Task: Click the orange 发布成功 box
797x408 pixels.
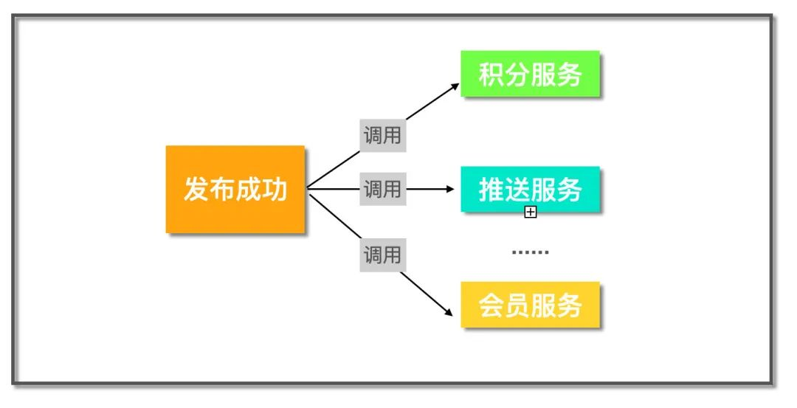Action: [235, 190]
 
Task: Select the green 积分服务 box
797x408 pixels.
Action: [530, 74]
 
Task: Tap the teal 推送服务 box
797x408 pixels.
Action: [530, 190]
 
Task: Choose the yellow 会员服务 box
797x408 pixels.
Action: [530, 305]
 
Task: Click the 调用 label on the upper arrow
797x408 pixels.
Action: [382, 135]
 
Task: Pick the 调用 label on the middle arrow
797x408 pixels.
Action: [382, 190]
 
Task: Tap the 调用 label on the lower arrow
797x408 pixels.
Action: [382, 255]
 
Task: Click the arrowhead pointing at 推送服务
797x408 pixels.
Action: [449, 190]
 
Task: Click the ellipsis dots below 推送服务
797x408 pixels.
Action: [530, 253]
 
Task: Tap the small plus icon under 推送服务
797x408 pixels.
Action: [530, 213]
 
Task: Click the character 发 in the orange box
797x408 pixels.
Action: [196, 190]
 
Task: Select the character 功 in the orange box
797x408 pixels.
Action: [274, 190]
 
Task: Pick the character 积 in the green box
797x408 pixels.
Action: [491, 75]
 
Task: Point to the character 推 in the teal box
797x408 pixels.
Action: [491, 190]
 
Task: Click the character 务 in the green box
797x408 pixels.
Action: [570, 75]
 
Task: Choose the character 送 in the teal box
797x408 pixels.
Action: [517, 190]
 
